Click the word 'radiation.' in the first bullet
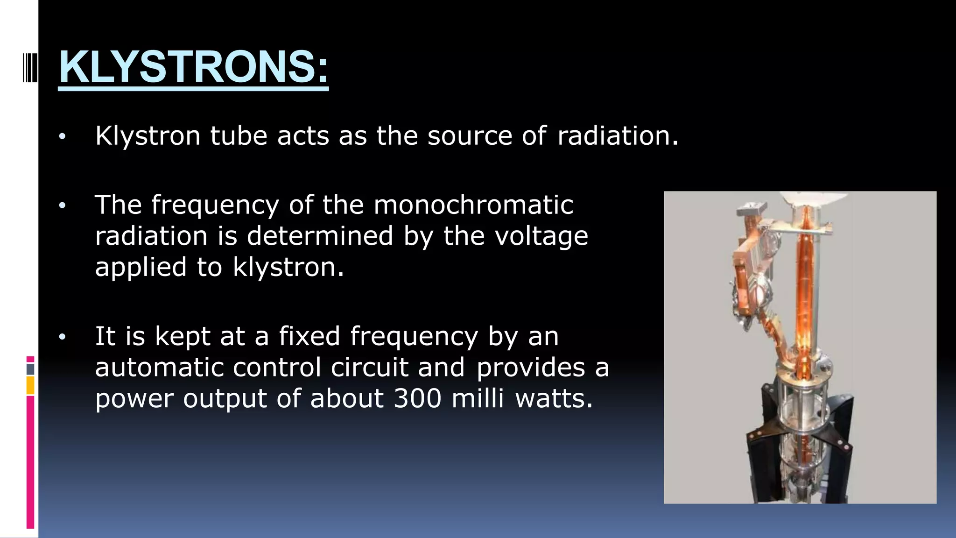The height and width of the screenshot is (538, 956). click(617, 136)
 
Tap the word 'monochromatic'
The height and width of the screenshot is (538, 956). click(473, 205)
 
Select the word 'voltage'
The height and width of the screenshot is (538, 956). click(541, 236)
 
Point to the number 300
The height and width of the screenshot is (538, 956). click(417, 398)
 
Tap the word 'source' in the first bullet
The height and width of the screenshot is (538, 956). click(470, 136)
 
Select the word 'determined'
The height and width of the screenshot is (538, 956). click(320, 236)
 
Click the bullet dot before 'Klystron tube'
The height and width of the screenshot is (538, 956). click(63, 137)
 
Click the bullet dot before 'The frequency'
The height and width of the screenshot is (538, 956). click(63, 206)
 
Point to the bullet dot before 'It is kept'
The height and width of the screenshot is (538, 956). click(63, 337)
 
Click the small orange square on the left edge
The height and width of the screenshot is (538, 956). click(30, 386)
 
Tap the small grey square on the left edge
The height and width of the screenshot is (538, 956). click(30, 369)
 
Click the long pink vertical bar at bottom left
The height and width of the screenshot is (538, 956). click(30, 462)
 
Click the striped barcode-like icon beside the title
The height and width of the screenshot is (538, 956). click(30, 68)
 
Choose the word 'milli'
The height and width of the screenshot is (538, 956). click(478, 398)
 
